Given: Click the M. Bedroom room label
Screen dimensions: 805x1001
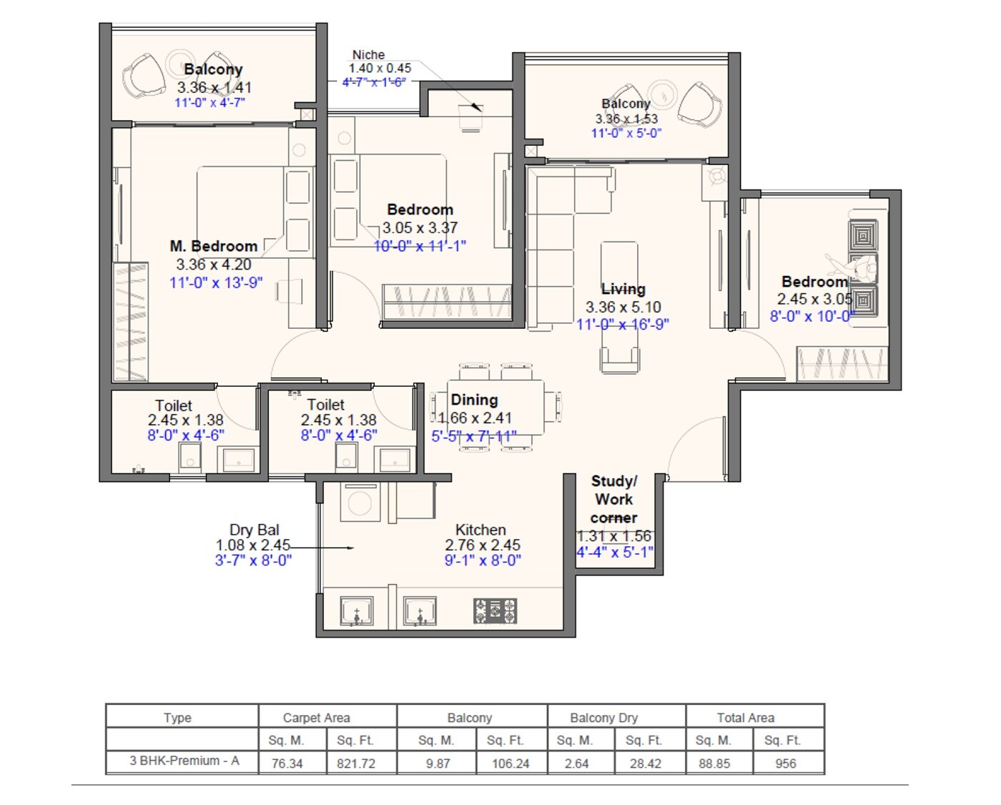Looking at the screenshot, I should [x=213, y=247].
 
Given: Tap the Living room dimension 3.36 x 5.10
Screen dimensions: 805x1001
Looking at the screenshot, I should [x=623, y=307].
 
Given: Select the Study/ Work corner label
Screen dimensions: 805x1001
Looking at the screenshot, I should [x=613, y=499].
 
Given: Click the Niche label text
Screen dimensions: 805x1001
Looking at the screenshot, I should [x=368, y=55].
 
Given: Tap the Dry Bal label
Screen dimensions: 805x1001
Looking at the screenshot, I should [x=254, y=530].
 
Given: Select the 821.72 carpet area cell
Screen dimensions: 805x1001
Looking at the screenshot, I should [x=356, y=764].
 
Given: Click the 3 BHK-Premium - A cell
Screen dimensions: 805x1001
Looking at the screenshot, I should [x=184, y=761].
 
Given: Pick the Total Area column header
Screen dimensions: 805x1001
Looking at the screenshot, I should [x=746, y=718].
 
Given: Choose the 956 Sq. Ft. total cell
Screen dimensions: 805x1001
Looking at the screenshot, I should [x=786, y=764].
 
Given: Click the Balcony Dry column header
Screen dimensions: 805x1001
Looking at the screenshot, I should [x=604, y=718].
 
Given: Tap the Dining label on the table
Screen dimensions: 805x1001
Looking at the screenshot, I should [x=474, y=400].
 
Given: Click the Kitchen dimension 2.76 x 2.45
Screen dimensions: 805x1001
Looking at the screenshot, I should [x=483, y=545].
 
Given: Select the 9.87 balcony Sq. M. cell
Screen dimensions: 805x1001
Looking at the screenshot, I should [x=438, y=764].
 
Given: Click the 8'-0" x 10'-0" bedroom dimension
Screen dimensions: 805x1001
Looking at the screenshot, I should [x=812, y=316].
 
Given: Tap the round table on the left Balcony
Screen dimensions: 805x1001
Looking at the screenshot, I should [x=177, y=60].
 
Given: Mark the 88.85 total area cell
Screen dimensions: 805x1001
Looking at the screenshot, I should [x=714, y=764].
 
